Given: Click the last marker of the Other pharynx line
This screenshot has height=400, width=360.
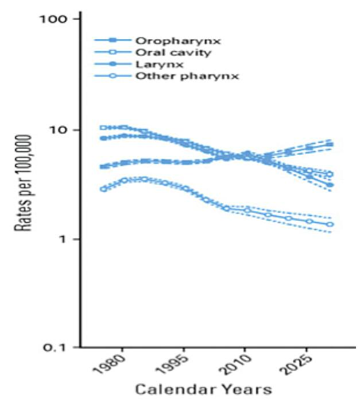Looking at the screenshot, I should (330, 224).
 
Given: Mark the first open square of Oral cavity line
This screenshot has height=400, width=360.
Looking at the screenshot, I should (103, 127).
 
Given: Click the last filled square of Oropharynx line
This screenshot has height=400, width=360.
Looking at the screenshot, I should (330, 145).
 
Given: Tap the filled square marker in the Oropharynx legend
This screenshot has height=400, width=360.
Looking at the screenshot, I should (113, 41).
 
